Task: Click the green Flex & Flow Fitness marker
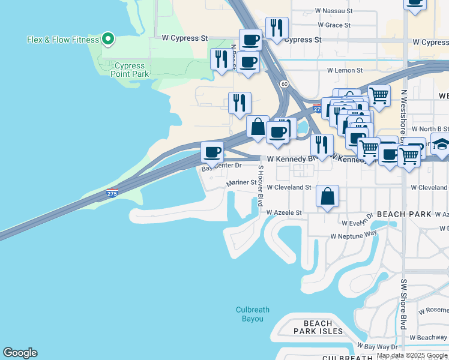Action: pyautogui.click(x=108, y=40)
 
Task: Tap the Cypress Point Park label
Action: pyautogui.click(x=129, y=70)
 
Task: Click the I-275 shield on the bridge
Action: pyautogui.click(x=112, y=193)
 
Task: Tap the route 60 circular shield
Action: pyautogui.click(x=284, y=84)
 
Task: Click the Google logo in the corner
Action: pyautogui.click(x=20, y=353)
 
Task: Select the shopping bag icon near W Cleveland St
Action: pyautogui.click(x=327, y=196)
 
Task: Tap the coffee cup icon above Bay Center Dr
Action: pyautogui.click(x=212, y=152)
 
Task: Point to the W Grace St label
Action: pyautogui.click(x=334, y=25)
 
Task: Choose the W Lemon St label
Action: pyautogui.click(x=345, y=70)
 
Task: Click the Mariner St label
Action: pyautogui.click(x=241, y=182)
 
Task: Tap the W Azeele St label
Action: pyautogui.click(x=284, y=212)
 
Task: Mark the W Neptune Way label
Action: pyautogui.click(x=354, y=235)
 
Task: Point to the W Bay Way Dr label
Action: pyautogui.click(x=378, y=347)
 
